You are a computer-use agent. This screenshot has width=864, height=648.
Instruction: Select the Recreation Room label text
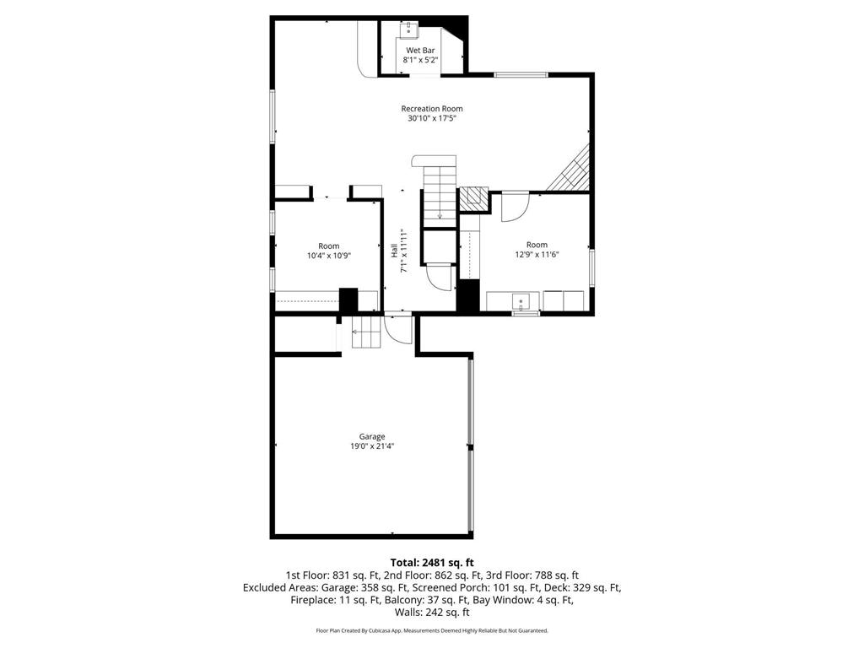431,108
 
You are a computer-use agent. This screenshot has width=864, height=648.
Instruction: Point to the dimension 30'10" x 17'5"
431,119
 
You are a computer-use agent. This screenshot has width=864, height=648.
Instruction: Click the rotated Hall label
394,251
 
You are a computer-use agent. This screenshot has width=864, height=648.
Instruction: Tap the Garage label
372,436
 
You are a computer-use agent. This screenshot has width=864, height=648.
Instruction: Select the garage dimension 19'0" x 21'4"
372,446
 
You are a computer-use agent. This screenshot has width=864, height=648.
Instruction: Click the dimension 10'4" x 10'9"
328,256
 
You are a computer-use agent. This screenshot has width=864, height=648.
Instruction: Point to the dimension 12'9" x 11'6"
537,255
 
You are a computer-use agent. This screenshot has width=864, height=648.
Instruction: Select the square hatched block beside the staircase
473,198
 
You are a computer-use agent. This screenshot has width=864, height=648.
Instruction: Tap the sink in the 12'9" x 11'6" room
523,301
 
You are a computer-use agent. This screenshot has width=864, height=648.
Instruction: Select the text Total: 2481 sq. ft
431,562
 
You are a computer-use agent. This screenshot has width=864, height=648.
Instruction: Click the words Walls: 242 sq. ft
431,613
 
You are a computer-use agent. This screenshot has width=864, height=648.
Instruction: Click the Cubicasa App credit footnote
431,630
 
